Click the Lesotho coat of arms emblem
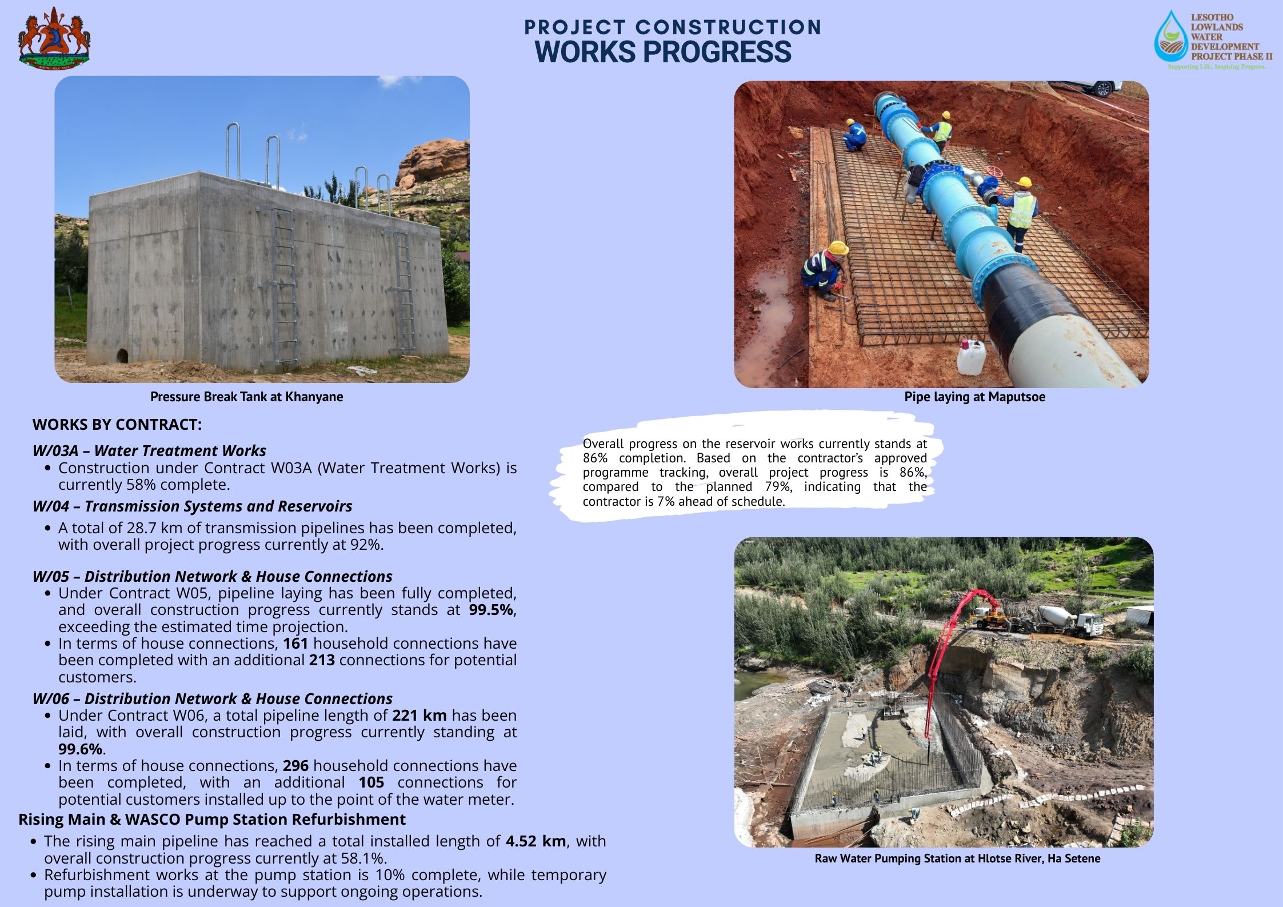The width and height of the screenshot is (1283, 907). pyautogui.click(x=54, y=39)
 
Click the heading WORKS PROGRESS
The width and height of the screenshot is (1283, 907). pyautogui.click(x=663, y=51)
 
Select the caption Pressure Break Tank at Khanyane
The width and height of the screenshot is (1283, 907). pyautogui.click(x=246, y=397)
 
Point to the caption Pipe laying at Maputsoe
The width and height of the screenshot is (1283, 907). pyautogui.click(x=974, y=397)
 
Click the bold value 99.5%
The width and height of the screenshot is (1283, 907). pyautogui.click(x=491, y=610)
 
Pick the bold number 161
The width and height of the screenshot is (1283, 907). pyautogui.click(x=295, y=644)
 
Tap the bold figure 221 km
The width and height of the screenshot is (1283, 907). pyautogui.click(x=419, y=716)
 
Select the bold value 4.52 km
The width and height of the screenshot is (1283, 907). pyautogui.click(x=535, y=841)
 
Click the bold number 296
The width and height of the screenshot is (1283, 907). pyautogui.click(x=295, y=766)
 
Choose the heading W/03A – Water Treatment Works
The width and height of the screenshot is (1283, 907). pyautogui.click(x=149, y=451)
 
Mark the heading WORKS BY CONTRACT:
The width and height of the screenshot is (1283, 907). pyautogui.click(x=117, y=425)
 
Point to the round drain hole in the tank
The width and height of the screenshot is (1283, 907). pyautogui.click(x=122, y=355)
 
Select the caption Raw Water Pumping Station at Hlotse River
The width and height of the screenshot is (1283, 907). pyautogui.click(x=957, y=858)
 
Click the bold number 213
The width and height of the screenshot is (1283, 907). pyautogui.click(x=322, y=660)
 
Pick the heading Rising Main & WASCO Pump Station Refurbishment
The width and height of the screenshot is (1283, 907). pyautogui.click(x=211, y=820)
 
